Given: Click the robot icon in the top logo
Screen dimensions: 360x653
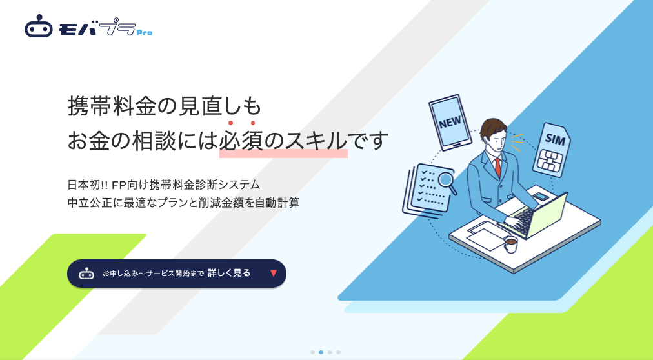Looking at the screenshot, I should coord(38,28).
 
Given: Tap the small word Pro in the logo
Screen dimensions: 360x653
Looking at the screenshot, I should coord(145,32).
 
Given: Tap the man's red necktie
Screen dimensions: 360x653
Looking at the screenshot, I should coord(497,167).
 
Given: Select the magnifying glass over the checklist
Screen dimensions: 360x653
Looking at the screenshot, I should coord(446,180).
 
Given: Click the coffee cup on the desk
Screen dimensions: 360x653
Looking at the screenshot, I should coord(510,244).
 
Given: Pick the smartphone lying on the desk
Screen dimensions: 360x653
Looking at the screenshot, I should coord(541,197).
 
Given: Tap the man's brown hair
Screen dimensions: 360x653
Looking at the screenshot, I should coord(493,127).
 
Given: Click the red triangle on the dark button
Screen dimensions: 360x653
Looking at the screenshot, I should coord(274,273).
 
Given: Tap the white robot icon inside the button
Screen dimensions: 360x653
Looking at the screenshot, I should coord(86,274).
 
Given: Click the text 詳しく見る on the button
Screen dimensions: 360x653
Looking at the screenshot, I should coord(229,273).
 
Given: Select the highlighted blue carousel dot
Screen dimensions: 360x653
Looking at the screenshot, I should coord(321,352).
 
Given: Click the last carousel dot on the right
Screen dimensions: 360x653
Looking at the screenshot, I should coord(338,352).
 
